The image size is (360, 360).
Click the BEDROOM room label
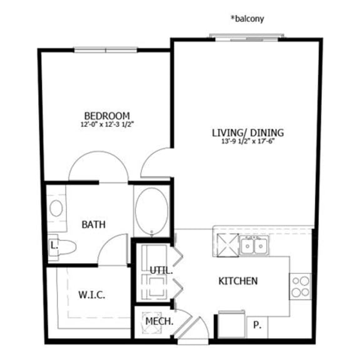(x=107, y=116)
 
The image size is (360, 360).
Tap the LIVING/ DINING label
(x=247, y=132)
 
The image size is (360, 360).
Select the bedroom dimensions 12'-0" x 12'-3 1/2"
(x=107, y=124)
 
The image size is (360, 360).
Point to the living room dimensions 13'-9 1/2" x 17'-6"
(x=247, y=141)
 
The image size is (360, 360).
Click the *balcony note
(x=247, y=19)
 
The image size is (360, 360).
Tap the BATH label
(x=94, y=224)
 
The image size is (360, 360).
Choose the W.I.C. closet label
(x=91, y=294)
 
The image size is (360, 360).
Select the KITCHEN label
(x=237, y=281)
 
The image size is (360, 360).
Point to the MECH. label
(x=159, y=322)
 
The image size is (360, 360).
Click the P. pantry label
(x=257, y=324)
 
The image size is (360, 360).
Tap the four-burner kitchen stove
(x=301, y=286)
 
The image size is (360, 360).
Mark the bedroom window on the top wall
(x=106, y=50)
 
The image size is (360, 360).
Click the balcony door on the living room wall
(x=247, y=36)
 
